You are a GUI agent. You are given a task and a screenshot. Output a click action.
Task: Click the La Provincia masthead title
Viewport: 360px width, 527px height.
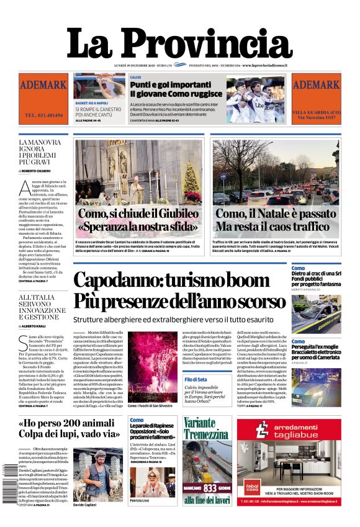[179, 43]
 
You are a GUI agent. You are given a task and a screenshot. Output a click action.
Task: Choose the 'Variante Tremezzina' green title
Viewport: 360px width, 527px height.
[207, 430]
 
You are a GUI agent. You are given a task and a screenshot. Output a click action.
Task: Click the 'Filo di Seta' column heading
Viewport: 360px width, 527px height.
[196, 379]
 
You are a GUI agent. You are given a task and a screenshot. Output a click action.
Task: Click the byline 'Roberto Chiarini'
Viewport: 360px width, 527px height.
[43, 170]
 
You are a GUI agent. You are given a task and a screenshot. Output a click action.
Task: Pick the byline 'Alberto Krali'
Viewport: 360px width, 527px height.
[42, 325]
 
